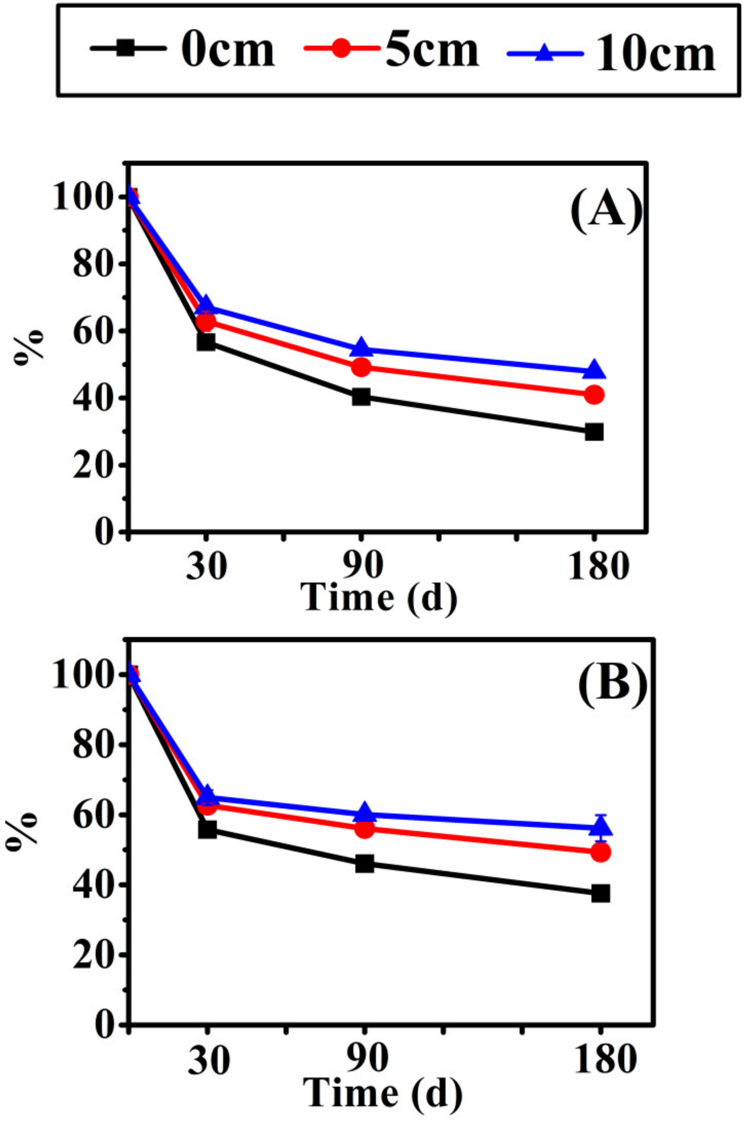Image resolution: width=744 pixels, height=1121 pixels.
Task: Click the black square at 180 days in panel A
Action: click(594, 432)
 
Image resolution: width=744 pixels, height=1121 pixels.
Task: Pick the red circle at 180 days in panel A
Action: click(594, 394)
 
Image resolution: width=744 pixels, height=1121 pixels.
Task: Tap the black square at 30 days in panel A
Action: click(206, 342)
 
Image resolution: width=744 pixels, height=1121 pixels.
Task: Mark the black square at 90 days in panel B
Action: click(364, 864)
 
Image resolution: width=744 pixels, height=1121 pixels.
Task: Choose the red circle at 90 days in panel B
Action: click(364, 829)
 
